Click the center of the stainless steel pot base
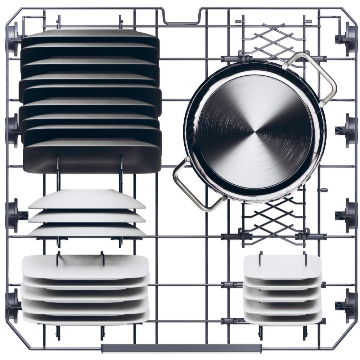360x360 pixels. click(255, 130)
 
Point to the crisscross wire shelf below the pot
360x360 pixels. click(274, 220)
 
